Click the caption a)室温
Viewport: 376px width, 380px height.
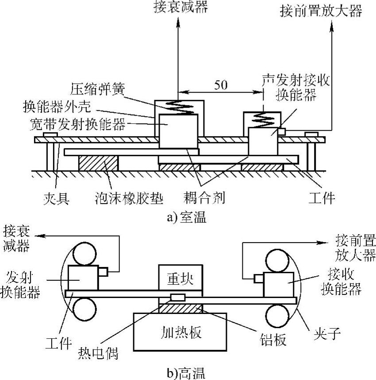click(x=186, y=218)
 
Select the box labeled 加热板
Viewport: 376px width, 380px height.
click(x=180, y=331)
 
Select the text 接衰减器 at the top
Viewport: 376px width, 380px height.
click(x=178, y=7)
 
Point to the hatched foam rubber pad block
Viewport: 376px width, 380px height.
click(x=98, y=163)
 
